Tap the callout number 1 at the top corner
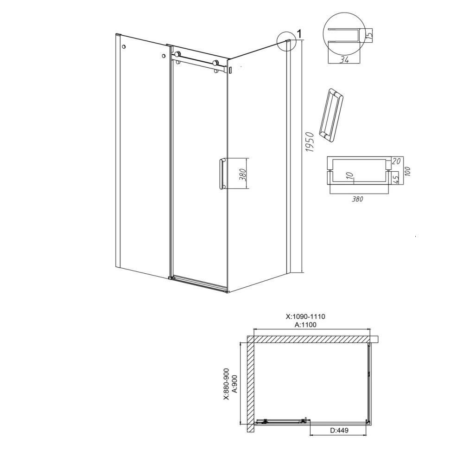[x=299, y=34]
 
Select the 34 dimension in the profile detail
[x=344, y=59]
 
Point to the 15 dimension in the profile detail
[x=369, y=36]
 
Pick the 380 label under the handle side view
[x=357, y=199]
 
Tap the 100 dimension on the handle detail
[x=408, y=171]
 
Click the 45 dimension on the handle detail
[x=396, y=178]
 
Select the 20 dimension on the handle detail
[x=396, y=161]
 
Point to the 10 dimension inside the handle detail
[x=350, y=176]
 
